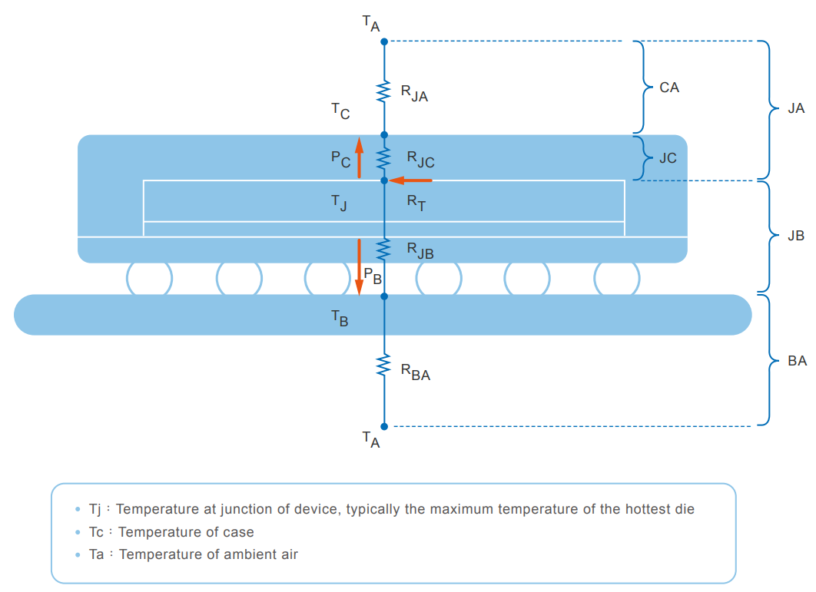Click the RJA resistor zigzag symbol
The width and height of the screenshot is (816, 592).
tap(384, 92)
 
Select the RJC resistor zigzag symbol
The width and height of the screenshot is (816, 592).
tap(384, 158)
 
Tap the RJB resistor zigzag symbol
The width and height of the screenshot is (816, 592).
tap(384, 247)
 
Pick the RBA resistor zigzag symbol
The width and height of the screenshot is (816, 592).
tap(384, 365)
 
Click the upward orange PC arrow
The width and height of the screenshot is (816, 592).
tap(358, 157)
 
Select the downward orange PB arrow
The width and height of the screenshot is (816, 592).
tap(358, 266)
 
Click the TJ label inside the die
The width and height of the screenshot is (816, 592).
tap(340, 202)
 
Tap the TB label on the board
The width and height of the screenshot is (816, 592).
tap(340, 319)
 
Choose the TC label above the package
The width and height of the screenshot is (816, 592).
tap(340, 112)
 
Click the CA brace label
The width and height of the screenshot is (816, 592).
tap(669, 88)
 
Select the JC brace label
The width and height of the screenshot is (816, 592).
tap(668, 158)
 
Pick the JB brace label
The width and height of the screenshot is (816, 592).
tap(796, 236)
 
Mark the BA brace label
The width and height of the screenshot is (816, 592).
tap(797, 360)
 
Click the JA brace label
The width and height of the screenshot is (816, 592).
tap(796, 109)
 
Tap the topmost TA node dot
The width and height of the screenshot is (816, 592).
tap(384, 41)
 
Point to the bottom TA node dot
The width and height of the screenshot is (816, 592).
tap(384, 426)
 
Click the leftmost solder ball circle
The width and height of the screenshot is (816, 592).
tap(149, 278)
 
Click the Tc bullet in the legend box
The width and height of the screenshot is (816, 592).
tap(78, 532)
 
